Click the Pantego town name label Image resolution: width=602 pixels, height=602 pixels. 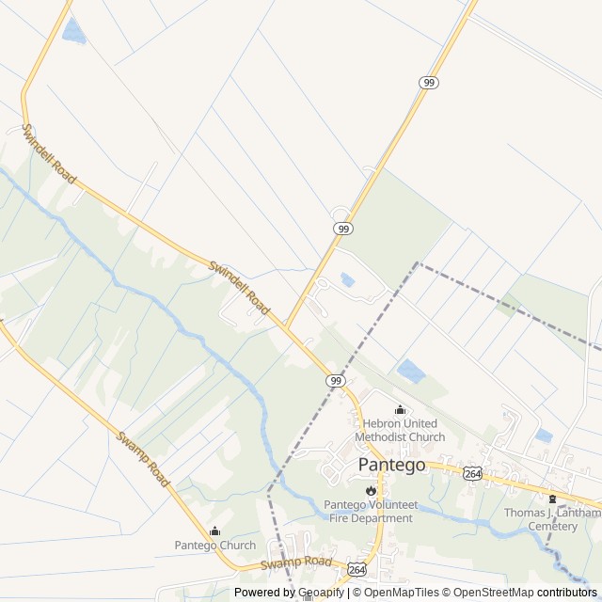click(x=391, y=465)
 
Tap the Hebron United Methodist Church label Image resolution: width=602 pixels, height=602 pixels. click(x=400, y=430)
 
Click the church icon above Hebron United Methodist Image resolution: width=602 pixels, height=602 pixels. click(x=400, y=410)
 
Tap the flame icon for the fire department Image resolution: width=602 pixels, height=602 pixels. click(x=371, y=490)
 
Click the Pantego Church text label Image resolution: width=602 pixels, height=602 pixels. click(x=214, y=546)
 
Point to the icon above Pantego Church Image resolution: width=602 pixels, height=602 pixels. click(x=214, y=531)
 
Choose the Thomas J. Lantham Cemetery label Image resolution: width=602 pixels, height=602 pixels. click(x=552, y=519)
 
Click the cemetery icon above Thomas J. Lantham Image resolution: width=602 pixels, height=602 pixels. click(x=552, y=499)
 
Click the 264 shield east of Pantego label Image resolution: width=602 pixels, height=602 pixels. click(x=472, y=474)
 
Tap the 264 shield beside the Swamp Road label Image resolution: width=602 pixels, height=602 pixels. click(x=356, y=570)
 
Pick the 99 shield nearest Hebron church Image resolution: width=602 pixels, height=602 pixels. click(x=336, y=380)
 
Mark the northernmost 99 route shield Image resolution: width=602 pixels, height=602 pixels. click(x=429, y=83)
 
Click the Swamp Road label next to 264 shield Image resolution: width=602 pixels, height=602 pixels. click(x=296, y=563)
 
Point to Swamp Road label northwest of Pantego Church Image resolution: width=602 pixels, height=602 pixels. click(x=144, y=459)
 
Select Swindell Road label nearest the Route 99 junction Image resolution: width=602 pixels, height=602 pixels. click(x=239, y=288)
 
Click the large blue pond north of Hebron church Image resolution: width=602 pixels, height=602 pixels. click(x=411, y=371)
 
